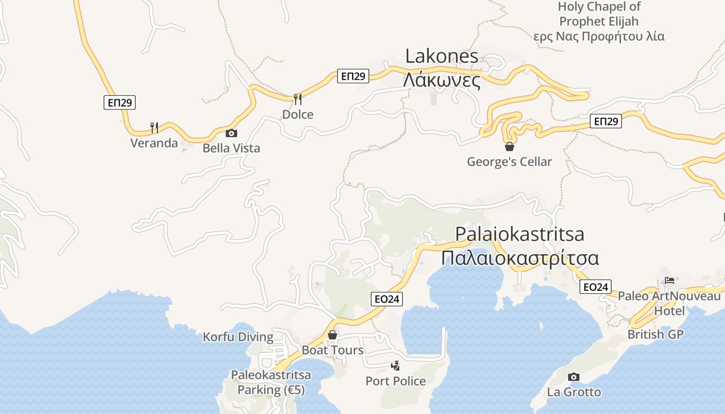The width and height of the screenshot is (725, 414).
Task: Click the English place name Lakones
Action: pyautogui.click(x=442, y=56)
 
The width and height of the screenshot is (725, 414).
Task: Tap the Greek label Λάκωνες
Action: pyautogui.click(x=442, y=80)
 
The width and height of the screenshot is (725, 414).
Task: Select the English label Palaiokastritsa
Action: pyautogui.click(x=519, y=234)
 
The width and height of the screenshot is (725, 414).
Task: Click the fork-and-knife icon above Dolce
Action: pyautogui.click(x=298, y=99)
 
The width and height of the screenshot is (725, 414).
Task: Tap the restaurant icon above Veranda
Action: pyautogui.click(x=154, y=127)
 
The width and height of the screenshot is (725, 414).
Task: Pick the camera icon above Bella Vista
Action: pyautogui.click(x=231, y=134)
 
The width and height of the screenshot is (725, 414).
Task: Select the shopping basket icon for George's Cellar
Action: pyautogui.click(x=510, y=146)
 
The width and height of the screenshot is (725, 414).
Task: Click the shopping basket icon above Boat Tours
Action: pyautogui.click(x=332, y=335)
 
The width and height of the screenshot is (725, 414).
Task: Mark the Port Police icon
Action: pyautogui.click(x=396, y=366)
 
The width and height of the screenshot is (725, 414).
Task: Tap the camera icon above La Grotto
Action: pyautogui.click(x=574, y=377)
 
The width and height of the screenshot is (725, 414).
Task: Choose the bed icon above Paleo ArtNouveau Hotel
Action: pyautogui.click(x=670, y=281)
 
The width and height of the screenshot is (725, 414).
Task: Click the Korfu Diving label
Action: pyautogui.click(x=238, y=337)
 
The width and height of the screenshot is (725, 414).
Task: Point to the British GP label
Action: pyautogui.click(x=655, y=334)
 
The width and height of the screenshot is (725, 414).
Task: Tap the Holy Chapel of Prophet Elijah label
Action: pyautogui.click(x=599, y=21)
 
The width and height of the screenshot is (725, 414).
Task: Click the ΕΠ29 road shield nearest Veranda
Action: pyautogui.click(x=120, y=102)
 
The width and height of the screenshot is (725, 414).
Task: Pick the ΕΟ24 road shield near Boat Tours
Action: pyautogui.click(x=387, y=299)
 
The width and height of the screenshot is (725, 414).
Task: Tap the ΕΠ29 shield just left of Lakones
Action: pyautogui.click(x=353, y=76)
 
